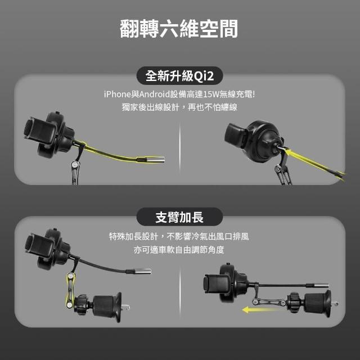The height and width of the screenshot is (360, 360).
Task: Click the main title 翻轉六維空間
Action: tap(179, 29)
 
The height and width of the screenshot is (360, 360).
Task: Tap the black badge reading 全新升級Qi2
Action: tap(179, 76)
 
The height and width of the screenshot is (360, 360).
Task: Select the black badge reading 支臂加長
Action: tap(179, 217)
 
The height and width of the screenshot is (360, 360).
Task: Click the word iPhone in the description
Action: tap(117, 94)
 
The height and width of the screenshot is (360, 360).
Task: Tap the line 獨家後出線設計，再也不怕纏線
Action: tap(179, 107)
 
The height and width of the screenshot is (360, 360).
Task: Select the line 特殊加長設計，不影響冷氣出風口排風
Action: tap(179, 236)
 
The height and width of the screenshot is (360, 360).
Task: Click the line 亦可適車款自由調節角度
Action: tap(179, 250)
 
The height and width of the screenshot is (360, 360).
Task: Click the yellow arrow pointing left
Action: tap(259, 310)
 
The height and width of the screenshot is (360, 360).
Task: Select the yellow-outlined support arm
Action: tap(70, 290)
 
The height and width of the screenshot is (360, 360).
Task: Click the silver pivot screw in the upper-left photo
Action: tap(74, 164)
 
